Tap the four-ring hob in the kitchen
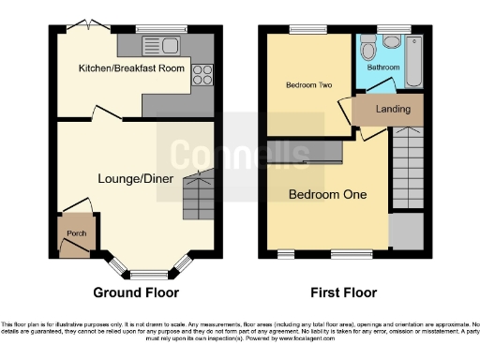click(x=202, y=74)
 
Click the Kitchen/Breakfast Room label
click(x=130, y=68)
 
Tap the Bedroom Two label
click(x=308, y=85)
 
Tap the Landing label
click(x=392, y=109)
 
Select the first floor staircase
click(x=406, y=169)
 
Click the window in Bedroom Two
click(x=301, y=29)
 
